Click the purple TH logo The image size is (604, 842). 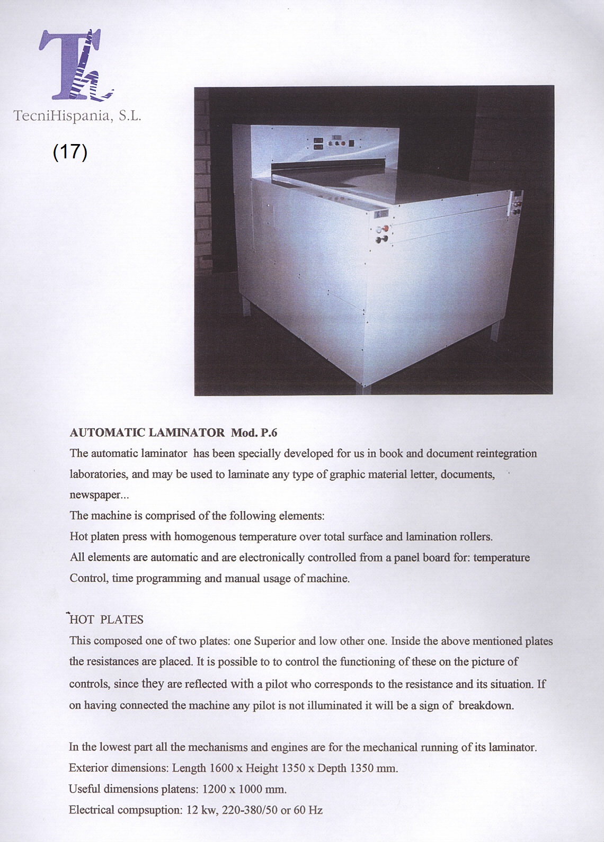75,65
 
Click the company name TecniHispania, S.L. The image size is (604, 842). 77,116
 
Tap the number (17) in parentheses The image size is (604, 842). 70,152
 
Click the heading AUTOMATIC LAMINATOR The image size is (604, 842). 147,433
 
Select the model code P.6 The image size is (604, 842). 269,433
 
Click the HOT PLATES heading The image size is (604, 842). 106,620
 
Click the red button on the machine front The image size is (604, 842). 386,228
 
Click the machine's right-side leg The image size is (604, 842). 495,330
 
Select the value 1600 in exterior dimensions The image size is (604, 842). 221,768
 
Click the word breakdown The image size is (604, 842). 486,705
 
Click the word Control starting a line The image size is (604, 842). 88,578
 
